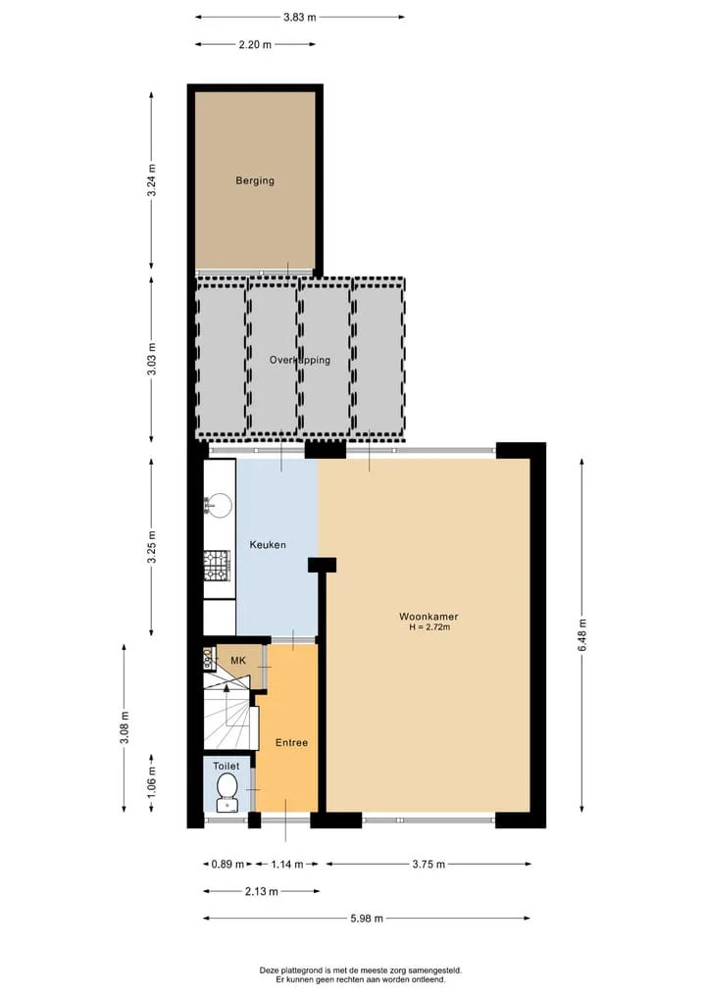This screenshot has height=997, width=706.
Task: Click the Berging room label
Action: (x=255, y=180)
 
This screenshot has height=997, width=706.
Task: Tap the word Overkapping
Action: (x=300, y=360)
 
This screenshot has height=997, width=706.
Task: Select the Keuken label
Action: (x=268, y=545)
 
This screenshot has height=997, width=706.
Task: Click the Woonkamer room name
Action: (x=429, y=616)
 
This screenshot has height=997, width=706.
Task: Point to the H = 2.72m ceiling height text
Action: (x=429, y=627)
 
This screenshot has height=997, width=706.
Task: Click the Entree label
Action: (x=291, y=743)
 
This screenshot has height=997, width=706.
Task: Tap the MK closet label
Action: (x=238, y=661)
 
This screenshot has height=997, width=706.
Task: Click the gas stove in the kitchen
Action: (x=217, y=566)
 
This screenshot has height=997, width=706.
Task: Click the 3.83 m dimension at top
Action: (x=300, y=18)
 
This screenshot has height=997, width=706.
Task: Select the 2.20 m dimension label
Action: (x=255, y=44)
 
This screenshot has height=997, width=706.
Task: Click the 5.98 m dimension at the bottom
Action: (x=367, y=919)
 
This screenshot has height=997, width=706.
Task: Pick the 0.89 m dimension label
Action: (x=227, y=864)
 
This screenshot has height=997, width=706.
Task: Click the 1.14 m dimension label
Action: (x=287, y=864)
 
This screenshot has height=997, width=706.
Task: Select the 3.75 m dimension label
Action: (x=429, y=864)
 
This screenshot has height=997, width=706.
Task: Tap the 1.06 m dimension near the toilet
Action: (x=151, y=782)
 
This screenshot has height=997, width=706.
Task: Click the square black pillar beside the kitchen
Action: (x=322, y=565)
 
